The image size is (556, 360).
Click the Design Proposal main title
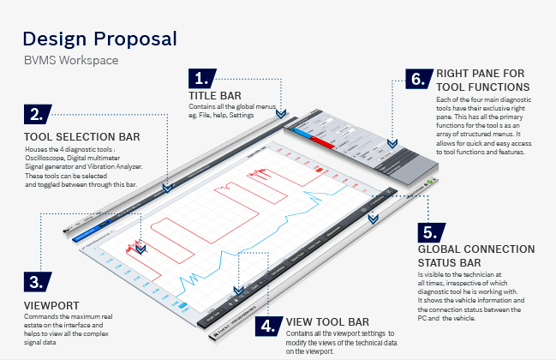(99, 39)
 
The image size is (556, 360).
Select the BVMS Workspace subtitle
(70, 61)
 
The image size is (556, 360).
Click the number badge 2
(39, 113)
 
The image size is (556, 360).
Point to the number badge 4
(269, 325)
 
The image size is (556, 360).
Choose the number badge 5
(430, 232)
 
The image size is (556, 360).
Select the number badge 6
(418, 79)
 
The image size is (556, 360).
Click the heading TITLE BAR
(215, 94)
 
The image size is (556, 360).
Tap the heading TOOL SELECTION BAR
(82, 135)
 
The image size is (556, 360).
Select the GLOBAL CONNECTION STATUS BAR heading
(476, 255)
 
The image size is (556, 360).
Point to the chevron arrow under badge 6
(393, 144)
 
